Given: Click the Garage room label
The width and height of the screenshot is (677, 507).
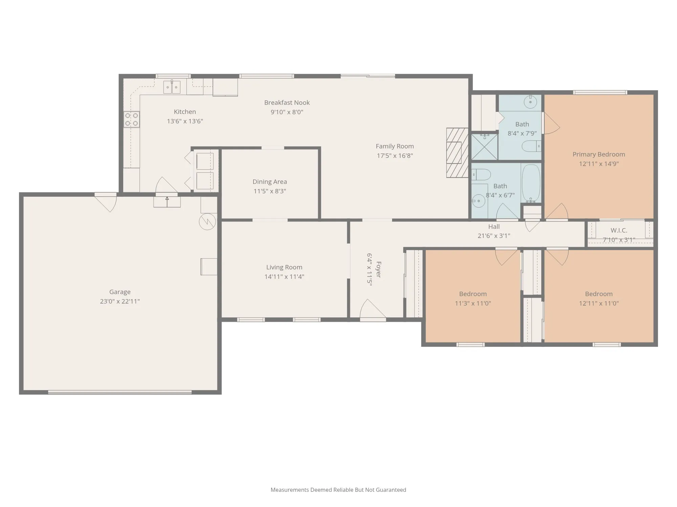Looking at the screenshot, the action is click(120, 292).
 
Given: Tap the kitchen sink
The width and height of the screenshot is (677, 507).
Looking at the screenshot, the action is click(172, 87).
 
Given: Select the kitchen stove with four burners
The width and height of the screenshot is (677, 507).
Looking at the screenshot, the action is click(132, 120).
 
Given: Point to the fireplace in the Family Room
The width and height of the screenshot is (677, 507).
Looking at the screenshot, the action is click(457, 153).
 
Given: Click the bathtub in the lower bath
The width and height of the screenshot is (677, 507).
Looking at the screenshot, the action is click(531, 183).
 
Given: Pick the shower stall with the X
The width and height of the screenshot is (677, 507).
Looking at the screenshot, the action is click(485, 147).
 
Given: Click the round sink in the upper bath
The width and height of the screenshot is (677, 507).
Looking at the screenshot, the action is click(530, 101).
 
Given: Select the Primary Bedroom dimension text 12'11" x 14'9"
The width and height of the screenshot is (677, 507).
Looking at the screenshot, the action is click(599, 164).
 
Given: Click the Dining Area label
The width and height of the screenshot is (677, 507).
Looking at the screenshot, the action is click(270, 182).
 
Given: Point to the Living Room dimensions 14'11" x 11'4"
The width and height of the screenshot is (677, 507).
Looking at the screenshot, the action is click(284, 276).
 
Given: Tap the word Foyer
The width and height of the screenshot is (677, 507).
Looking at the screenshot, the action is click(378, 269).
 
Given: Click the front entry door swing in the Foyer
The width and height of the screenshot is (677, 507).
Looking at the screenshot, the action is click(373, 309).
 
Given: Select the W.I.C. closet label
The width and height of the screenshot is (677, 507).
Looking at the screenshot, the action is click(619, 230).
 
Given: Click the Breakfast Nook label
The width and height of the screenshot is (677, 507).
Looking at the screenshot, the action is click(287, 102).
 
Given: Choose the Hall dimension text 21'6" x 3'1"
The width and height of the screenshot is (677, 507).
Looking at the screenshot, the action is click(494, 236).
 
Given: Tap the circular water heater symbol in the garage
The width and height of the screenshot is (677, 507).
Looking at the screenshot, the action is click(207, 222).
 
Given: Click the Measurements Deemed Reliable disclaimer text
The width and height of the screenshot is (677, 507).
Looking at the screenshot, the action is click(338, 490).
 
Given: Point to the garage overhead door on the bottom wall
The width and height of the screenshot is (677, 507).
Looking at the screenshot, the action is click(120, 392).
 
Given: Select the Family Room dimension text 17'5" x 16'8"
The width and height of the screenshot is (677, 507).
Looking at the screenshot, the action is click(395, 155).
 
